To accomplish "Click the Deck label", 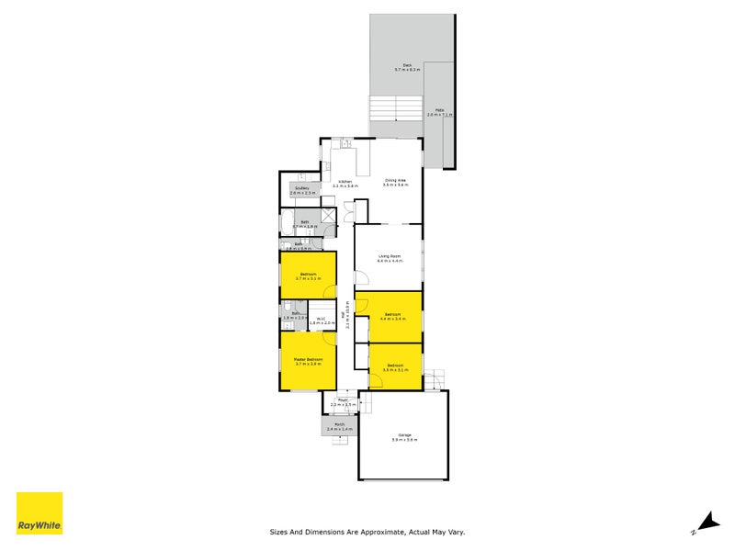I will pos(407,65).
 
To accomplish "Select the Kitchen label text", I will pos(345,181).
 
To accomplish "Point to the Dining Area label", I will pos(397,181).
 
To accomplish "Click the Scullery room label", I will pos(302,189).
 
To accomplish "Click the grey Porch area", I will pos(339,426).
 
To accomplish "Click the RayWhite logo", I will pos(40,513).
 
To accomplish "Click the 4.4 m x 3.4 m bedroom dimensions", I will pos(392,320).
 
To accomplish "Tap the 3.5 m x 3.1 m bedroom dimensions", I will pos(395,370).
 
